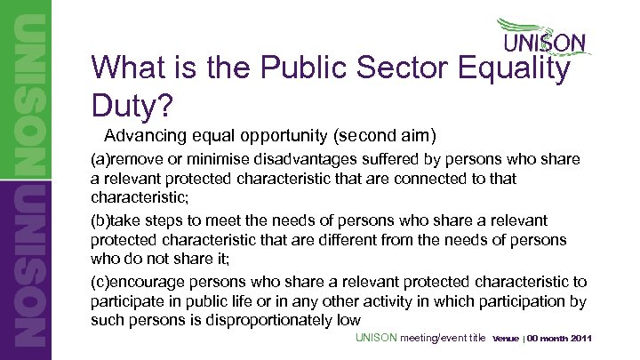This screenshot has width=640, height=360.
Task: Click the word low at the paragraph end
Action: (x=348, y=321)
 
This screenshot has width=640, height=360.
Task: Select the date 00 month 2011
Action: (x=560, y=340)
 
